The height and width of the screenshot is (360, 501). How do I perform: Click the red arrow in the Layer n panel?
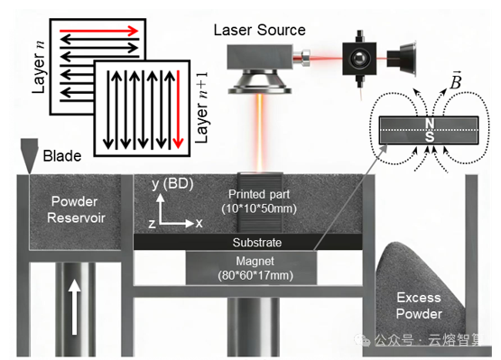tap(98, 32)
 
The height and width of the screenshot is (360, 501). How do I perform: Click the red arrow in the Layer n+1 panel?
tap(179, 110)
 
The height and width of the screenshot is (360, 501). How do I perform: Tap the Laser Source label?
tap(259, 31)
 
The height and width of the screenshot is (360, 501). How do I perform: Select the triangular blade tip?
tap(30, 172)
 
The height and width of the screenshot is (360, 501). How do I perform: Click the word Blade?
tap(62, 156)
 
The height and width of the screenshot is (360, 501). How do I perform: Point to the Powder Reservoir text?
tap(76, 209)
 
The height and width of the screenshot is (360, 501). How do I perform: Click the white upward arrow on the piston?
tap(74, 307)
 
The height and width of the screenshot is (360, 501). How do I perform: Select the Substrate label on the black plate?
tap(257, 243)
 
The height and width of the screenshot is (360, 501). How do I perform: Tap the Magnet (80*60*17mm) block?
tap(252, 268)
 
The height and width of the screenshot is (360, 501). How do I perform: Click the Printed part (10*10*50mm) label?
tap(259, 201)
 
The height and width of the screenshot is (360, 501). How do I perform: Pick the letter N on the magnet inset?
tap(430, 124)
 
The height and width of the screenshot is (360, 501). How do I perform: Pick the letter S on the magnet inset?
tap(430, 137)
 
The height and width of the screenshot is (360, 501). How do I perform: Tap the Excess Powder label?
tap(419, 306)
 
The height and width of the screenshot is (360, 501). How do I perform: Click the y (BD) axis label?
tap(172, 184)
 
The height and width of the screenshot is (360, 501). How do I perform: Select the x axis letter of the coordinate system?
tap(199, 223)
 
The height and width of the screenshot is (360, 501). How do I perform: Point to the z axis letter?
tap(152, 224)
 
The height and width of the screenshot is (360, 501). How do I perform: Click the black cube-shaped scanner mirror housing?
tap(359, 59)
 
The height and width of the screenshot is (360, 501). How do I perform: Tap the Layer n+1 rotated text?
tap(202, 107)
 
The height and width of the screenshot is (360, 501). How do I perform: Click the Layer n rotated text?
tap(39, 68)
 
